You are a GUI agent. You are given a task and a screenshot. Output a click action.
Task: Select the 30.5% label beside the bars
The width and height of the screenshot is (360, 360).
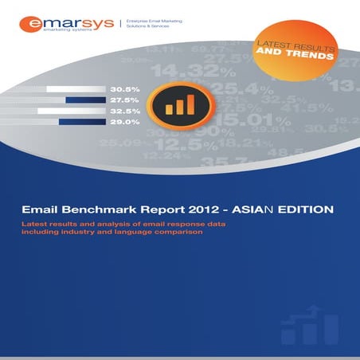[125, 89]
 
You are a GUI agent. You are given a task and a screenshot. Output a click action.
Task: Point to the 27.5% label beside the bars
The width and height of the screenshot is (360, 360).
[125, 100]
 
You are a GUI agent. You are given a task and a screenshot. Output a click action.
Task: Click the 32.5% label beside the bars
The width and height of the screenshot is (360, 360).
[125, 112]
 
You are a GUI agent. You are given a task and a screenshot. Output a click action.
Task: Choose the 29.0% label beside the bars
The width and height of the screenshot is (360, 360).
[125, 123]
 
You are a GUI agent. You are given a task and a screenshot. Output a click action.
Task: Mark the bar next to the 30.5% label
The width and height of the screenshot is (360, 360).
[76, 89]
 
